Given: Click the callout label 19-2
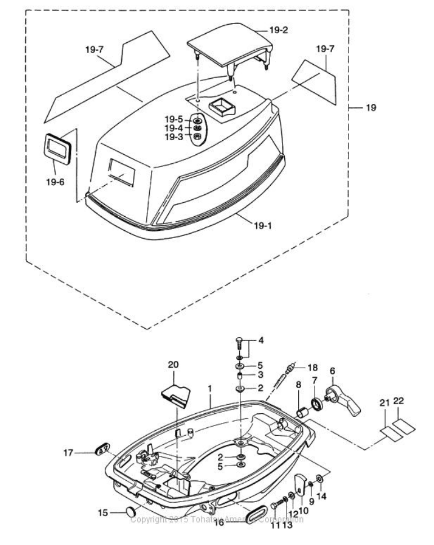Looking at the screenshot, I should [x=278, y=30].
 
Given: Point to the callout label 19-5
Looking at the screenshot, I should [x=174, y=120].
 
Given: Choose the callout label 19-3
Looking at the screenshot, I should [x=174, y=137].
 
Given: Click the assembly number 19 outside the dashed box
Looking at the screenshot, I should [x=371, y=107].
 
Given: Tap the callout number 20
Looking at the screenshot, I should [x=173, y=365].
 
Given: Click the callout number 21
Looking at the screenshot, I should [x=385, y=403].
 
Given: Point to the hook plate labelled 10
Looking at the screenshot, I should [x=298, y=485].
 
